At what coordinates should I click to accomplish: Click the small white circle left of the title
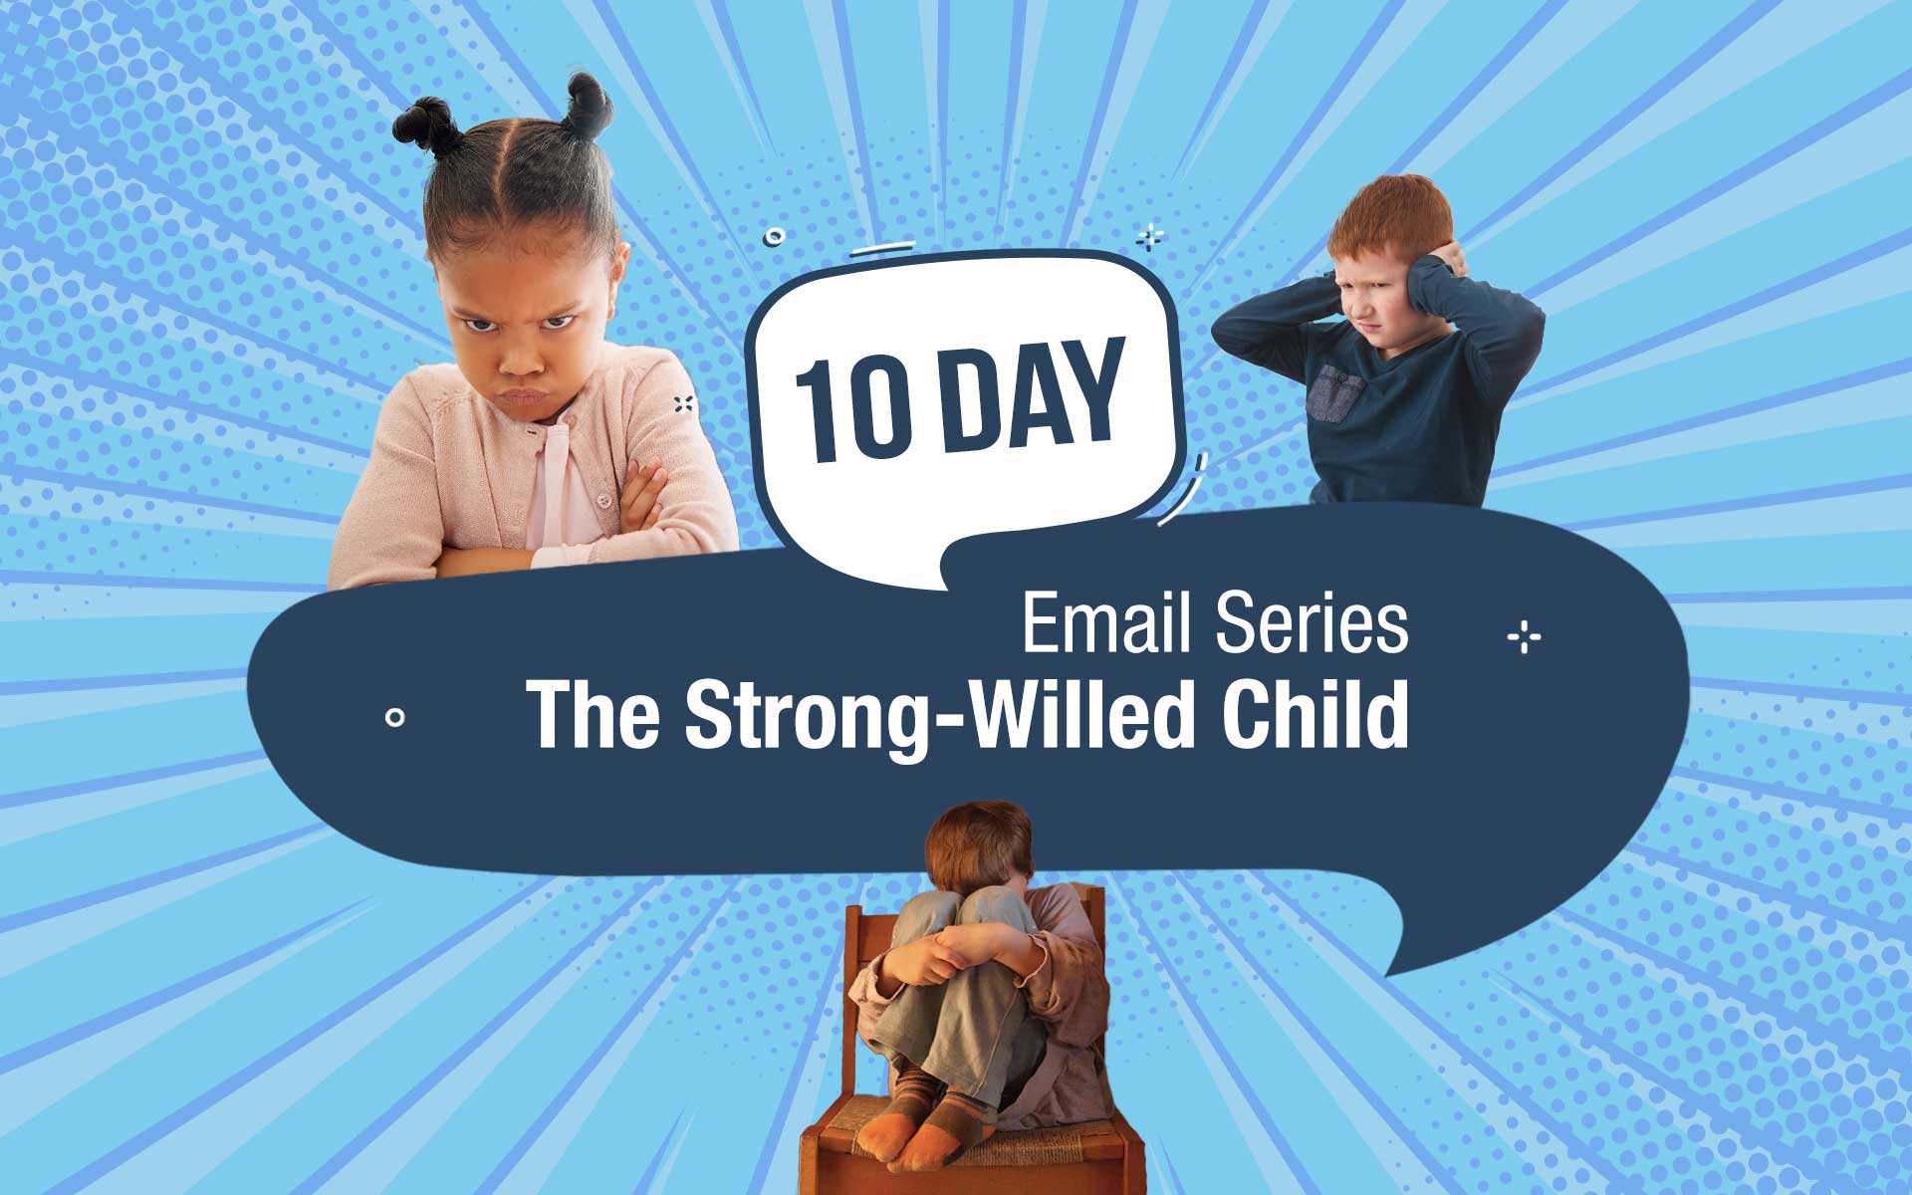click(395, 716)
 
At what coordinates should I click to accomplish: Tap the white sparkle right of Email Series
click(1524, 636)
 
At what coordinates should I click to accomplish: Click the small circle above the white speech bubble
click(774, 237)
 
